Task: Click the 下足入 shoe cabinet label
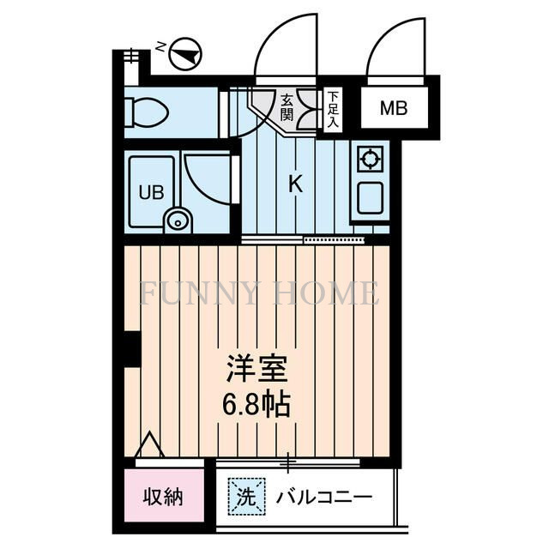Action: (x=333, y=110)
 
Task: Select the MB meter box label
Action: (x=393, y=109)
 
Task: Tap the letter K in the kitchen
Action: (x=294, y=183)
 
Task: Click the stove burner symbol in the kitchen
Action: (x=370, y=159)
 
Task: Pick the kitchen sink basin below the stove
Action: (x=371, y=198)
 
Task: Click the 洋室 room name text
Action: (x=256, y=371)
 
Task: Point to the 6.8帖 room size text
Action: (x=256, y=403)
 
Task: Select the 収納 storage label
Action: (x=163, y=496)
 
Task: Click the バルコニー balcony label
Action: (x=323, y=497)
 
